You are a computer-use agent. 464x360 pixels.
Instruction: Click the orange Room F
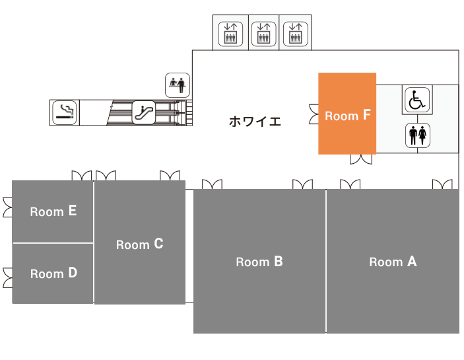[x=347, y=114]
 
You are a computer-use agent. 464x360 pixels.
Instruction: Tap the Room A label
[x=393, y=262]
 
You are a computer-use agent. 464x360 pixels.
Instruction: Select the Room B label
[x=259, y=262]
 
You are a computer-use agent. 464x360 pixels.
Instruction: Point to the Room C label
[x=139, y=244]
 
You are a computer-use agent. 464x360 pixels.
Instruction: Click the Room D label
[x=53, y=273]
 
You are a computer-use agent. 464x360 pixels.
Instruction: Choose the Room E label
[x=53, y=211]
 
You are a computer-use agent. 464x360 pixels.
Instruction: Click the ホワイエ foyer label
[x=255, y=122]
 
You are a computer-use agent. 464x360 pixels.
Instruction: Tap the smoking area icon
[x=65, y=112]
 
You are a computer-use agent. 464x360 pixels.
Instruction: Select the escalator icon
[x=143, y=112]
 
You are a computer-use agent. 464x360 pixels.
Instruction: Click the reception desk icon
[x=178, y=85]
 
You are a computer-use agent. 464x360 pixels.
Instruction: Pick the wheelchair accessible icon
[x=417, y=100]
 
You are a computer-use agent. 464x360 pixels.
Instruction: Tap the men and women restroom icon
[x=418, y=135]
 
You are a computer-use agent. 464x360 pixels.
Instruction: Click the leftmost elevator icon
[x=230, y=34]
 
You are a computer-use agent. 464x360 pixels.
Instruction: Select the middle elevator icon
[x=263, y=34]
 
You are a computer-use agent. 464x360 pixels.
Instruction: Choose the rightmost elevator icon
[x=296, y=34]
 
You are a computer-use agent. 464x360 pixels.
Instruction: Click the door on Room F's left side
[x=314, y=114]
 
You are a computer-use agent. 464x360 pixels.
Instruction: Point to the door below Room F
[x=361, y=159]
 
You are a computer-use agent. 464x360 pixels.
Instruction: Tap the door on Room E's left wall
[x=8, y=207]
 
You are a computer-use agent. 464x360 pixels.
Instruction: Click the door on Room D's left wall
[x=8, y=277]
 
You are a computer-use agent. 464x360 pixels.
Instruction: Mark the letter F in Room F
[x=366, y=114]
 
